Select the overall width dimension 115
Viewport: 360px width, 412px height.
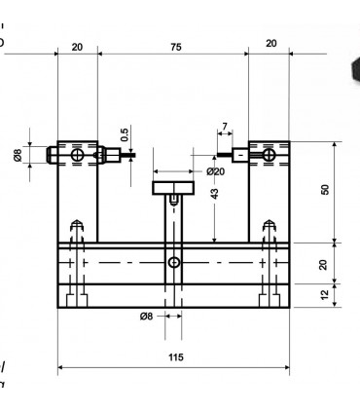point(174,357)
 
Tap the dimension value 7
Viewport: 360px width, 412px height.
point(225,127)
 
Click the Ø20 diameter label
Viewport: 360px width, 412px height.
point(216,171)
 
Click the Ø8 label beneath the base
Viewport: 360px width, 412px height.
point(147,316)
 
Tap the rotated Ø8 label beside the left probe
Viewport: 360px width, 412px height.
point(18,155)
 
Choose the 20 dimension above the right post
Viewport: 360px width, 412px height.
point(270,43)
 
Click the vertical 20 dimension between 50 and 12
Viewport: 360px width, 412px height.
point(325,263)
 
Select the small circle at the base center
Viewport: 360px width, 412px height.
point(174,263)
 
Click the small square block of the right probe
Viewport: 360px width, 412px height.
point(239,153)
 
